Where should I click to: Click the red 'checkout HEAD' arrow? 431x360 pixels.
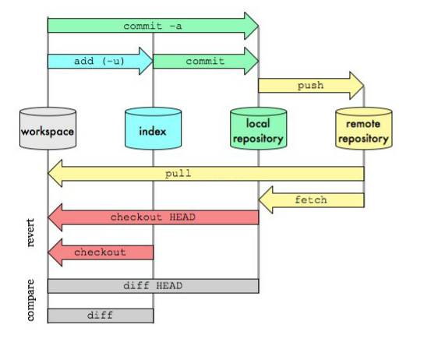click(x=152, y=217)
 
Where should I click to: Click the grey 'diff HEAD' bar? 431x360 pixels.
click(x=153, y=286)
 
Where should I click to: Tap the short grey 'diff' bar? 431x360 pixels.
click(x=100, y=316)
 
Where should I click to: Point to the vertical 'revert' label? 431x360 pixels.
click(x=31, y=233)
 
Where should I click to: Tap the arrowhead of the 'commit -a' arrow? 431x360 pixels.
click(x=250, y=26)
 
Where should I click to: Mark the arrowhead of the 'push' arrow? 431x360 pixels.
click(x=356, y=85)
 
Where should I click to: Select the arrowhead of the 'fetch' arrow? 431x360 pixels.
click(x=267, y=200)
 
